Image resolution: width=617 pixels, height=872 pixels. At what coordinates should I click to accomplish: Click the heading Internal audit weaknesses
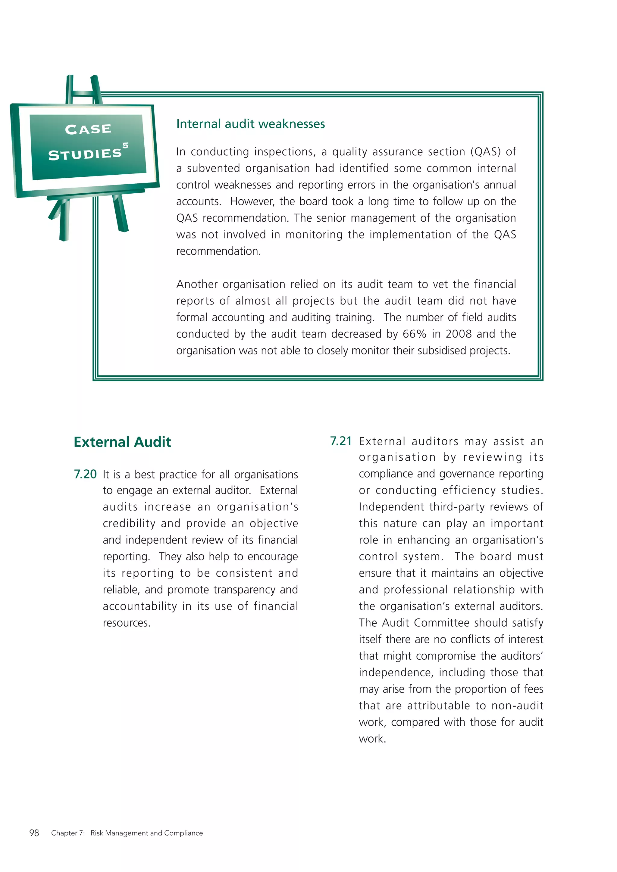pos(250,124)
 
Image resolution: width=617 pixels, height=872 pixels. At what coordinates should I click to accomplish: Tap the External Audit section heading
pos(122,442)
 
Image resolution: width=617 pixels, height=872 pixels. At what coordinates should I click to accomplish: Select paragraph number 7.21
pos(341,441)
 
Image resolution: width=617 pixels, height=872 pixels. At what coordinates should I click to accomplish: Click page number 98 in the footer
pos(34,833)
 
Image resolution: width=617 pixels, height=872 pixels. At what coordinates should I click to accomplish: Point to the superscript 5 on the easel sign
pos(125,145)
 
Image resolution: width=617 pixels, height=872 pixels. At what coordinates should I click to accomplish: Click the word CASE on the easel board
pos(88,129)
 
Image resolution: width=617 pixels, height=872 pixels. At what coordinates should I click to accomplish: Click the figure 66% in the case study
pos(415,334)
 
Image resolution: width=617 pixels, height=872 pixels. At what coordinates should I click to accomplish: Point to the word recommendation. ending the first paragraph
pos(218,251)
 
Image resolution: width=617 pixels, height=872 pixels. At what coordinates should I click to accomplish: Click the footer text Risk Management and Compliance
pos(147,833)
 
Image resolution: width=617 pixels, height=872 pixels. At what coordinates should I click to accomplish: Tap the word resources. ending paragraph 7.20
pos(127,623)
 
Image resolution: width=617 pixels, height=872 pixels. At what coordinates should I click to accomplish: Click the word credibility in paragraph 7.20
pos(129,523)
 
